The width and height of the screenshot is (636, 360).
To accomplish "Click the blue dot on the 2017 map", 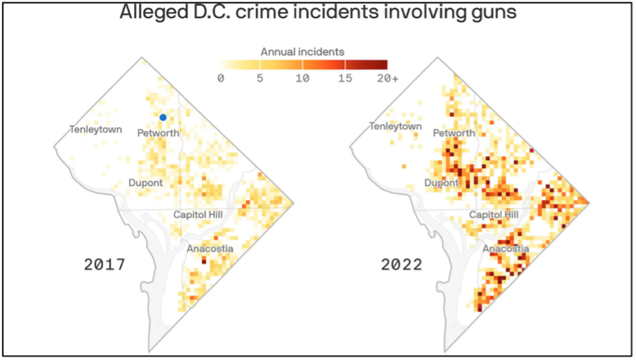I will pyautogui.click(x=163, y=118).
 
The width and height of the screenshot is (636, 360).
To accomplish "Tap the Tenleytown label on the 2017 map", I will pyautogui.click(x=95, y=130).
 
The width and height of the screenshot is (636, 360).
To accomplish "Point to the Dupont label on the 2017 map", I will pyautogui.click(x=145, y=183).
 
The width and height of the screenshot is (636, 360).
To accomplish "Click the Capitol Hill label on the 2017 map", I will pyautogui.click(x=198, y=215).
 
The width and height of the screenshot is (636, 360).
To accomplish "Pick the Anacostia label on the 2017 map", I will pyautogui.click(x=210, y=249).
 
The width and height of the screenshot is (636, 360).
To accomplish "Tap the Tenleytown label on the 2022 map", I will pyautogui.click(x=395, y=127).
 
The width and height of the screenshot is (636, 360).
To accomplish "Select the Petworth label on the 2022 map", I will pyautogui.click(x=454, y=133).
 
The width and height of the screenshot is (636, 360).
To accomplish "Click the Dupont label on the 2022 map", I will pyautogui.click(x=441, y=183).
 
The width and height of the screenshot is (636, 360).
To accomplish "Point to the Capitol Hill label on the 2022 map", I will pyautogui.click(x=494, y=215).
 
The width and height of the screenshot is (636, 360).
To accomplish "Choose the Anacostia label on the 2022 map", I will pyautogui.click(x=506, y=249).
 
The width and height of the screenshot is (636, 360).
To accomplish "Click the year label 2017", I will pyautogui.click(x=104, y=266).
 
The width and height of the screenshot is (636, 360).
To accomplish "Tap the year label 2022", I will pyautogui.click(x=402, y=266).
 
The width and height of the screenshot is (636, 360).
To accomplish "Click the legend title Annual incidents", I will pyautogui.click(x=303, y=52).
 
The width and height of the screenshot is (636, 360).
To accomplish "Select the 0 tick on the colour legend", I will pyautogui.click(x=220, y=78).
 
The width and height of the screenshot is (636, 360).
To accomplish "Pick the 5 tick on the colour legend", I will pyautogui.click(x=261, y=78).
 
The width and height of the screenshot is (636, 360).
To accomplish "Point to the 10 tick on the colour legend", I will pyautogui.click(x=303, y=78).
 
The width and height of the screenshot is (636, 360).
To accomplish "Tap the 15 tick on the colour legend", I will pyautogui.click(x=344, y=78).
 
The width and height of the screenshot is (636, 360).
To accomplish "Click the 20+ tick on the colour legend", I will pyautogui.click(x=388, y=78).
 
